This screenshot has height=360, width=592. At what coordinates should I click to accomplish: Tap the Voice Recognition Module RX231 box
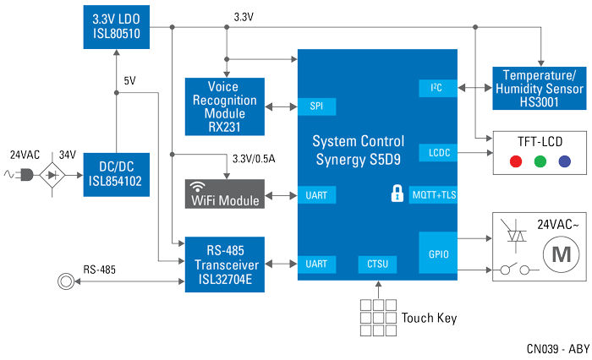[x=222, y=106]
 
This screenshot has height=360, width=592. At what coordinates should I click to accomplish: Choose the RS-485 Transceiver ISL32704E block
[x=222, y=241]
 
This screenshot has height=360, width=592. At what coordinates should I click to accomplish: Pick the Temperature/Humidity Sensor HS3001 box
[x=540, y=87]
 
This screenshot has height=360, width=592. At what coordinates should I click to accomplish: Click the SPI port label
[x=315, y=107]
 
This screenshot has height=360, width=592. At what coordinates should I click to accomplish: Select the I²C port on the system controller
[x=437, y=87]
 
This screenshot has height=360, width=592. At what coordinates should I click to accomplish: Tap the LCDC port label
[x=437, y=153]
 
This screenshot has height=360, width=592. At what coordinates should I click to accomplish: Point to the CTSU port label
[x=377, y=241]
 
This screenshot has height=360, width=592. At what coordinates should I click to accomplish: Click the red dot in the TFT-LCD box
[x=508, y=161]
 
